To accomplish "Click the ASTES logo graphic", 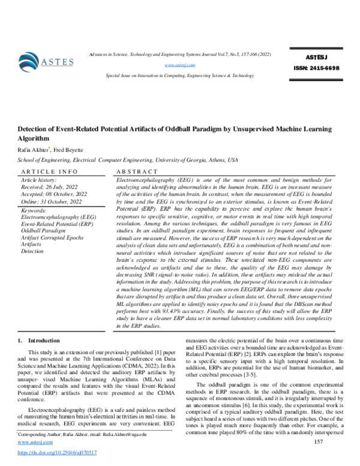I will pyautogui.click(x=45, y=61).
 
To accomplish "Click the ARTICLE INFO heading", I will pyautogui.click(x=46, y=171).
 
